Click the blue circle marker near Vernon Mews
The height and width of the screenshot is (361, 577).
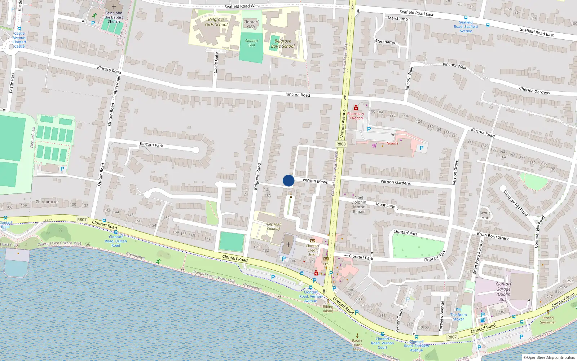288,180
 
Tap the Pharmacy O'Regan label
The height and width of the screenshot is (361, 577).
356,116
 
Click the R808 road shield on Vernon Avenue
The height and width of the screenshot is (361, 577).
341,144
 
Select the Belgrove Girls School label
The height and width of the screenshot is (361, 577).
216,22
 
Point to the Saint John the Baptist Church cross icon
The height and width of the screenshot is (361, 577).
114,6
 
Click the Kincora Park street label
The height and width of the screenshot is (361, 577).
151,145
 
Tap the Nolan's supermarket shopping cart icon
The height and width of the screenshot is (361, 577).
374,145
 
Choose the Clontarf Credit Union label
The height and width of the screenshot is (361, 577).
313,250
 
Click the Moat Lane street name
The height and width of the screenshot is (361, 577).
386,205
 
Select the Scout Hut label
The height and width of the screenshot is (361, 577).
485,215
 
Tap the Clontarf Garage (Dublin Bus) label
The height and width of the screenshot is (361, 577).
503,292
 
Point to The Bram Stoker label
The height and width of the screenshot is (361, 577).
458,317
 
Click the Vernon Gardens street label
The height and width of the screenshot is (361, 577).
395,182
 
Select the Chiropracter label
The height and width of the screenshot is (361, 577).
47,202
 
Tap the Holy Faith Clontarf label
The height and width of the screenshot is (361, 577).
273,226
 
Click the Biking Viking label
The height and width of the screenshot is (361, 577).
328,309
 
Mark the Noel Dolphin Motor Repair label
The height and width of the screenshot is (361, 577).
359,205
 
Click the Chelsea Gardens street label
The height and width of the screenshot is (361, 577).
534,91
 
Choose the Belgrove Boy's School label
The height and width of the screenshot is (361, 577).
283,44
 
